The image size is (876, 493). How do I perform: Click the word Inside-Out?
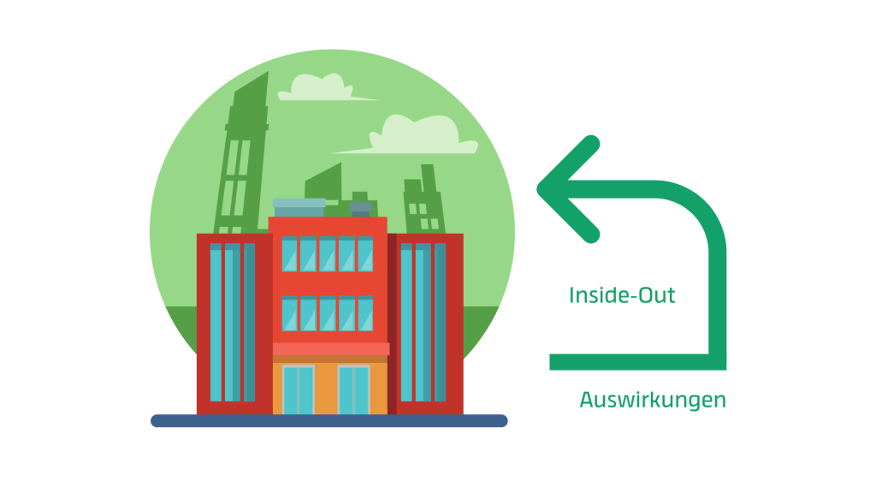coord(622,296)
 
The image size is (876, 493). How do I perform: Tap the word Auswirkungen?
coord(652,400)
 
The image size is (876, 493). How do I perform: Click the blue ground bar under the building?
coord(329,420)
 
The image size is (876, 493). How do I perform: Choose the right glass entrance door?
coord(353,389)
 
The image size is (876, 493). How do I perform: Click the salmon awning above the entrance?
coord(330,349)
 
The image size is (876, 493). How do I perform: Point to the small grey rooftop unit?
coord(361,208)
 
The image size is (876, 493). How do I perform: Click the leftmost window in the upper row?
coord(289,254)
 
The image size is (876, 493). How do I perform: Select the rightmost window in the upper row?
coord(365,254)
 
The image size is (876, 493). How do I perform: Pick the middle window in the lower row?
coord(328,314)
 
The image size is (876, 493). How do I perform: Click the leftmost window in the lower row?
coord(289,314)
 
